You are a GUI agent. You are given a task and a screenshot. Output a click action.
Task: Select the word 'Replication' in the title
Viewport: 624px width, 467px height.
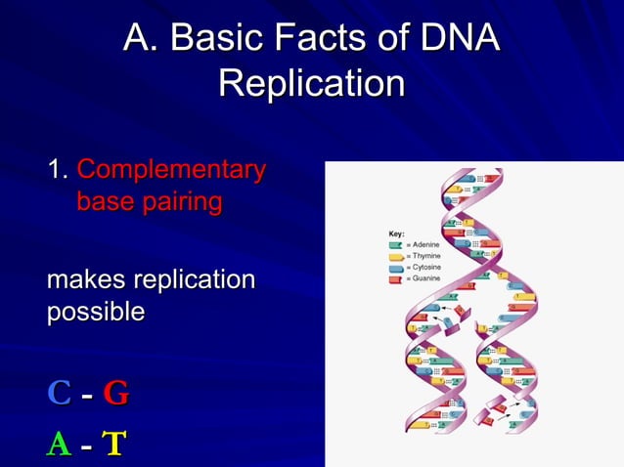pyautogui.click(x=311, y=83)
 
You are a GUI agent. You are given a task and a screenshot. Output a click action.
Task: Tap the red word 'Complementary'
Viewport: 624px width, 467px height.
pyautogui.click(x=171, y=169)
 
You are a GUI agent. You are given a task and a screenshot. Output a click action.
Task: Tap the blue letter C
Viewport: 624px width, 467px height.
pyautogui.click(x=59, y=393)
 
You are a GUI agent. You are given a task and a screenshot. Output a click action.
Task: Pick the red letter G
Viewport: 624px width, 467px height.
pyautogui.click(x=115, y=393)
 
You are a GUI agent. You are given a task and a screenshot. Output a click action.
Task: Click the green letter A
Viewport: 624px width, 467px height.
pyautogui.click(x=59, y=444)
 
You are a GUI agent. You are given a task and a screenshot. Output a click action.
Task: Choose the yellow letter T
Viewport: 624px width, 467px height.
pyautogui.click(x=114, y=444)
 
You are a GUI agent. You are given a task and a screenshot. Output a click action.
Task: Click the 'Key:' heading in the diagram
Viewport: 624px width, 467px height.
pyautogui.click(x=396, y=234)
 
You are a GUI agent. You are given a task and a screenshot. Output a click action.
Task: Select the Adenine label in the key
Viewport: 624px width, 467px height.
pyautogui.click(x=424, y=244)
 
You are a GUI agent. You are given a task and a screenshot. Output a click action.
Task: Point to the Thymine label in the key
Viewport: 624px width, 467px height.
pyautogui.click(x=424, y=256)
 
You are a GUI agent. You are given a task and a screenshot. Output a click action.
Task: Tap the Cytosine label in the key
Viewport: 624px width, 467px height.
pyautogui.click(x=424, y=268)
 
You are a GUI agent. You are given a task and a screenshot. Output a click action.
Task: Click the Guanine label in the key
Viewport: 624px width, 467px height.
pyautogui.click(x=424, y=279)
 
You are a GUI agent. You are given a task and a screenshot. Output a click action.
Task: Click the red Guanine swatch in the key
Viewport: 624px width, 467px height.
pyautogui.click(x=396, y=279)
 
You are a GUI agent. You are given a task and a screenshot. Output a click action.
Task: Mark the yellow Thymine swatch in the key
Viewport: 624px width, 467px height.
pyautogui.click(x=396, y=256)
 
